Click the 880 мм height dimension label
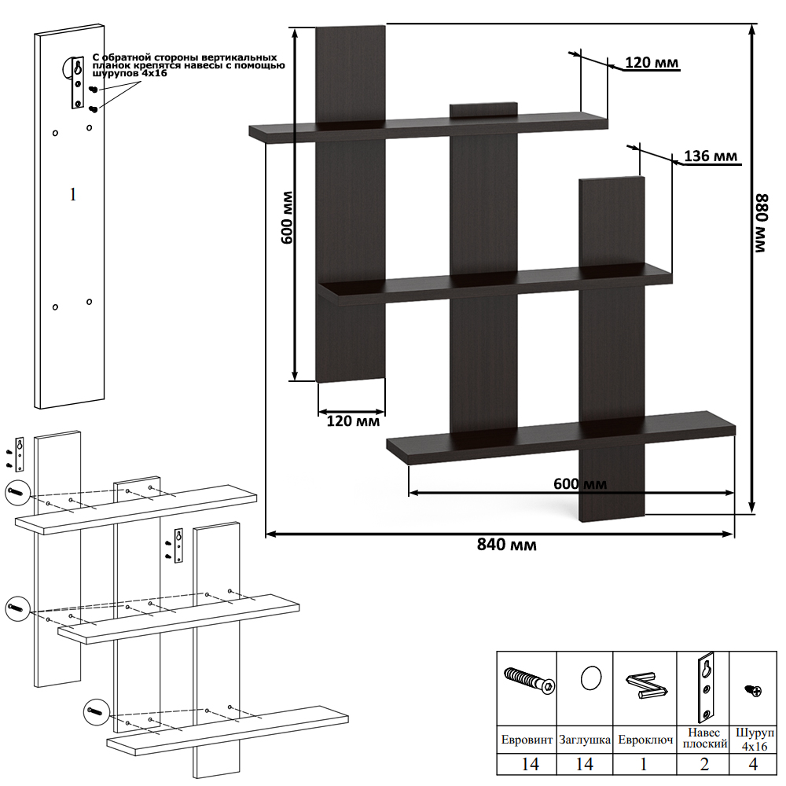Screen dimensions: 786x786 tap(762, 223)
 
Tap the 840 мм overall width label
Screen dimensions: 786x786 tap(507, 545)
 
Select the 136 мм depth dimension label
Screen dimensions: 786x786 tap(711, 156)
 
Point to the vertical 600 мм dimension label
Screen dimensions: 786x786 tap(287, 217)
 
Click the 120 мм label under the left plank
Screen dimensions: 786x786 tap(353, 421)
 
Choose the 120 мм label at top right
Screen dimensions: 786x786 tap(652, 63)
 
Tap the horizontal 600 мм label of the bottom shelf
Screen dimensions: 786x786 tap(580, 483)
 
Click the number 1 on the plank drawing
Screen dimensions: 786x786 tap(72, 194)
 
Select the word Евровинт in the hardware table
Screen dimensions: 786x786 tap(527, 740)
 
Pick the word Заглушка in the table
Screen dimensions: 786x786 tap(585, 740)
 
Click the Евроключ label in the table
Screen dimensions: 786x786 tap(645, 740)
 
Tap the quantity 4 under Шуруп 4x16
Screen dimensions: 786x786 tap(753, 765)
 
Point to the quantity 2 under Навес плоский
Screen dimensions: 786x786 tap(704, 765)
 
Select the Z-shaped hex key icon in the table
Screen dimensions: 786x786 tap(646, 685)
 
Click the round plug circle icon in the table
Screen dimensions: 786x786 tap(591, 678)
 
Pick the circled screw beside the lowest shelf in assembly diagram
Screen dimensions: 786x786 tap(96, 711)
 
